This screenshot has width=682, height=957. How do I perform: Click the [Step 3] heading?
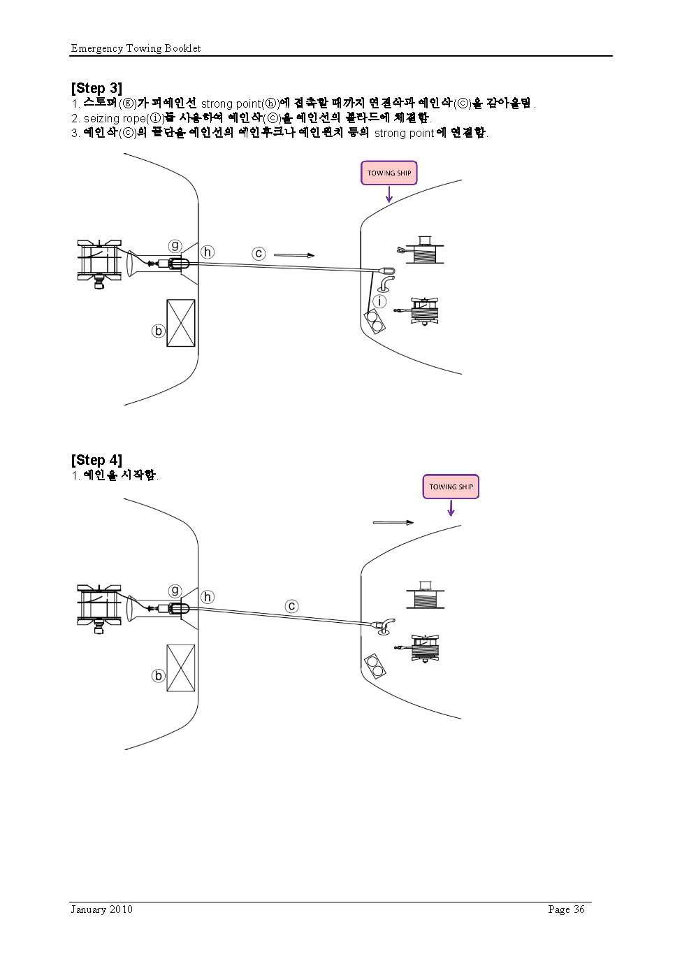pos(96,88)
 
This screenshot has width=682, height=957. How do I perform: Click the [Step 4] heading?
pos(96,460)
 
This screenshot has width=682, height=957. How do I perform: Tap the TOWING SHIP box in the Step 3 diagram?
pos(389,173)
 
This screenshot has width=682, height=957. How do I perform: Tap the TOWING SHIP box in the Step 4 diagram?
pos(451,487)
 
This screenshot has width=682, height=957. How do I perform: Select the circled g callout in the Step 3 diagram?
pos(175,245)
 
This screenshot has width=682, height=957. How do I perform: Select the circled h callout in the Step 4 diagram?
pos(208,597)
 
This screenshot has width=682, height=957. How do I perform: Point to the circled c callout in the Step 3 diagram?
pos(259,253)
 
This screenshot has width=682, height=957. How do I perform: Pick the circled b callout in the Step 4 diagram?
pos(159,676)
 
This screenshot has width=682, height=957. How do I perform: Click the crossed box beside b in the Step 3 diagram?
pos(181,323)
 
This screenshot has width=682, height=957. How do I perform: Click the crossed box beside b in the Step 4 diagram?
pos(181,668)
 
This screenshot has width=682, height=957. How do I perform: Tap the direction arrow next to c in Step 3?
pos(294,255)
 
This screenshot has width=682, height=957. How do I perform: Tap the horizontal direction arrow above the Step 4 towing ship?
pos(393,522)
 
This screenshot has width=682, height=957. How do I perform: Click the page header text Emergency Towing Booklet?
pos(136,48)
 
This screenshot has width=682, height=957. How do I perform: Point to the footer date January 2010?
pos(101,909)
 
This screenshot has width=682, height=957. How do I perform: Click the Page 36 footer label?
pos(566,909)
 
